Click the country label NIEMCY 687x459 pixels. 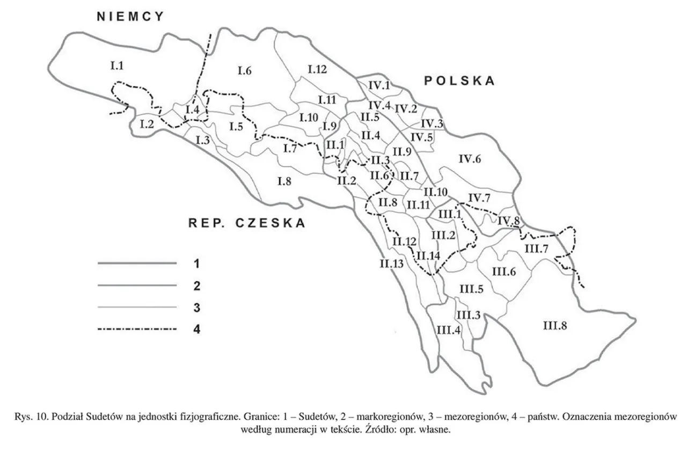click(x=130, y=17)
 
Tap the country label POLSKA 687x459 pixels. click(x=459, y=81)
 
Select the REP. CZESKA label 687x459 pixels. click(x=247, y=223)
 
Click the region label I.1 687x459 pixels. click(x=117, y=66)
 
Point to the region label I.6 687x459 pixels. click(x=244, y=70)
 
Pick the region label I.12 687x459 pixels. click(x=317, y=69)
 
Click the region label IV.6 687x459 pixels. click(x=471, y=158)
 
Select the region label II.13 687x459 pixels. click(x=391, y=264)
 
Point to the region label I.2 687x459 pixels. click(x=147, y=125)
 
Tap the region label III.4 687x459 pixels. click(x=449, y=330)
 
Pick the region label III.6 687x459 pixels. click(x=504, y=272)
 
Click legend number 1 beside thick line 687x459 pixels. click(x=196, y=264)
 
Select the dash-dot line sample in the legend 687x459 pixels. click(x=137, y=329)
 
